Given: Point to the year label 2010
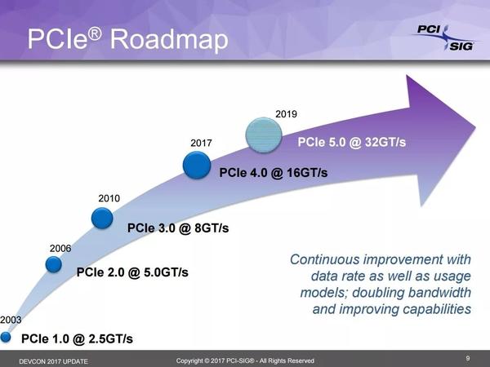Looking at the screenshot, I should pyautogui.click(x=109, y=198).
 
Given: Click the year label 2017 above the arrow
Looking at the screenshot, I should pyautogui.click(x=202, y=143).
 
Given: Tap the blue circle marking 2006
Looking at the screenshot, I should pyautogui.click(x=54, y=264).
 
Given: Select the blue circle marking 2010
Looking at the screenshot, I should pyautogui.click(x=101, y=218).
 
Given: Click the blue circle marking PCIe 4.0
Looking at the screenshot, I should pyautogui.click(x=196, y=166).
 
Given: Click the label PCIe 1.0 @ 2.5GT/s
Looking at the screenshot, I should pyautogui.click(x=77, y=338).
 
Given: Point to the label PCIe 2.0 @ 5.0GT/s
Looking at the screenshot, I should pyautogui.click(x=132, y=272).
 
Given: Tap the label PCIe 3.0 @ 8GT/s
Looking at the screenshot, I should pyautogui.click(x=178, y=228).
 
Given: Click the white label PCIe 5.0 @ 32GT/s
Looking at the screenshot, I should pyautogui.click(x=352, y=144).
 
